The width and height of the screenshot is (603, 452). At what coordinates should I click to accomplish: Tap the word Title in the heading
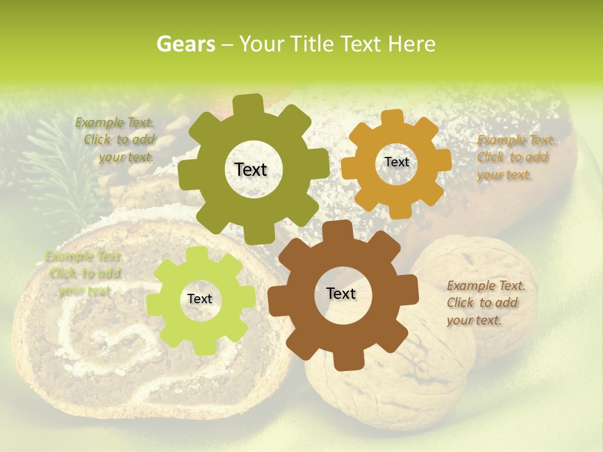pyautogui.click(x=315, y=44)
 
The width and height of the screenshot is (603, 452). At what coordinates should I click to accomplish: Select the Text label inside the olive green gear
pyautogui.click(x=251, y=169)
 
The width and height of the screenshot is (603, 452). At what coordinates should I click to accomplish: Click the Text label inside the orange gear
pyautogui.click(x=396, y=162)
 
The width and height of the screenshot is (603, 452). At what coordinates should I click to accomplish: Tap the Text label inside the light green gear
pyautogui.click(x=200, y=299)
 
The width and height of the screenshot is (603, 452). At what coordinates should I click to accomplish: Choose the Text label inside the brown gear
pyautogui.click(x=341, y=293)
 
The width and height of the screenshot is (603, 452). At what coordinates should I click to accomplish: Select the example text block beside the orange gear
pyautogui.click(x=516, y=158)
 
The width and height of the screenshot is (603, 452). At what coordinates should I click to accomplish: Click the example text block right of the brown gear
pyautogui.click(x=486, y=303)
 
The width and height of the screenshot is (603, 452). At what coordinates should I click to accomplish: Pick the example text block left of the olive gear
pyautogui.click(x=116, y=140)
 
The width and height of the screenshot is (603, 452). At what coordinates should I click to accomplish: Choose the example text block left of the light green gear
pyautogui.click(x=84, y=274)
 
